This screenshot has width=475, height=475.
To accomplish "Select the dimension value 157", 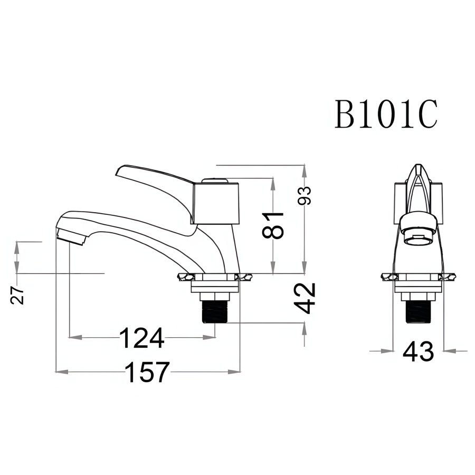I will click(x=147, y=372).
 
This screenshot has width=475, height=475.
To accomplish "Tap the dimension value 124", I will click(x=141, y=338).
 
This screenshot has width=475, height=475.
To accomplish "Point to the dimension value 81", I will click(x=273, y=225).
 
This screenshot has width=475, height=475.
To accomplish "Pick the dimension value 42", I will click(x=305, y=298).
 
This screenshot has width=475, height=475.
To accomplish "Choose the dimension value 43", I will click(x=418, y=351).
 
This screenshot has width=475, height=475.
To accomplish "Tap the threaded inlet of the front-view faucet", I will click(x=418, y=311).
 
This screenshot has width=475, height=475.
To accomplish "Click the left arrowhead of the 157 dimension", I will click(x=59, y=372).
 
